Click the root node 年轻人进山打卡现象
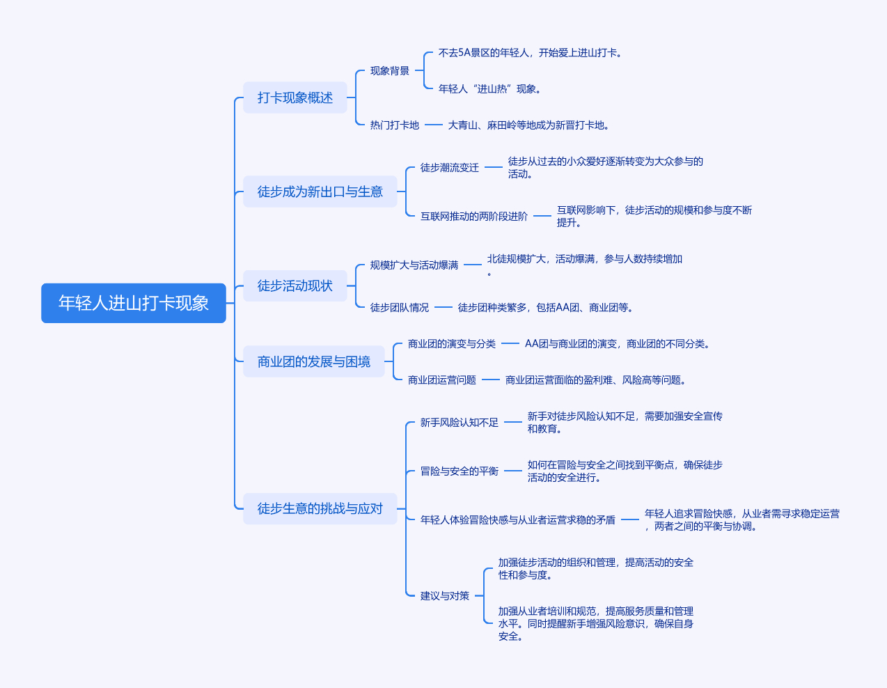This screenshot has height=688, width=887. [x=134, y=303]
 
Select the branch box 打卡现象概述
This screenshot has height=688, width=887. [x=295, y=97]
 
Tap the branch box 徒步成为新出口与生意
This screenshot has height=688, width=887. [x=320, y=191]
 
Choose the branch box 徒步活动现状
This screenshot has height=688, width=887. [x=295, y=286]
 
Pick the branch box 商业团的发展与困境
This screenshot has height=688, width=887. [x=314, y=361]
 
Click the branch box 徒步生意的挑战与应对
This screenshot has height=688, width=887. [x=320, y=508]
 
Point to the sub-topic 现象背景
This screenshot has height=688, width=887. [x=389, y=70]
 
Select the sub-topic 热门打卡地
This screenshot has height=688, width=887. [x=394, y=125]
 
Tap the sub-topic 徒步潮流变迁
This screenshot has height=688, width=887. [x=450, y=167]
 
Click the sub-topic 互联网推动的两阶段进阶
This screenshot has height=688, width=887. [x=474, y=216]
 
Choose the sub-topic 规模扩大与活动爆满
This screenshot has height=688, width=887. [x=414, y=265]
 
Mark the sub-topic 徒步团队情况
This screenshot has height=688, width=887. [x=399, y=307]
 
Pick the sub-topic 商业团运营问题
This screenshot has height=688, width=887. [x=442, y=380]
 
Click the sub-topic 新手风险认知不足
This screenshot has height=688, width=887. [x=460, y=423]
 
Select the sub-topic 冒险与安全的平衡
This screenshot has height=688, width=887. [x=460, y=471]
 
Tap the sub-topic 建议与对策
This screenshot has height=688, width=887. [x=444, y=596]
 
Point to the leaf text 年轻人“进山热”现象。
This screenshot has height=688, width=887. [x=490, y=88]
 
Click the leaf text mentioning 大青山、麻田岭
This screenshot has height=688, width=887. [x=528, y=125]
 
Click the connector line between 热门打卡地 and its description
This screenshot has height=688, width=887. [x=434, y=125]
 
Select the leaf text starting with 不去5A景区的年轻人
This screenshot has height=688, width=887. [x=531, y=53]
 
